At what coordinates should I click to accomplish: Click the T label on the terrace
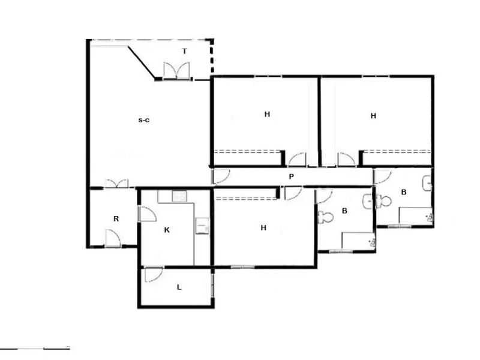[184, 52]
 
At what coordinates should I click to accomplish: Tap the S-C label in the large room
[144, 120]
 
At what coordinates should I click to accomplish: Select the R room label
[116, 218]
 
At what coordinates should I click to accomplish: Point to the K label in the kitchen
[167, 230]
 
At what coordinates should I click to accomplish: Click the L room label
[179, 287]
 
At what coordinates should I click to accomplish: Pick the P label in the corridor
[292, 176]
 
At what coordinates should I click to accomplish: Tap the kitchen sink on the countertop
[179, 196]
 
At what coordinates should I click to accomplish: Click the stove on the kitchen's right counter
[202, 226]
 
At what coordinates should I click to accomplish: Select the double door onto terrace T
[176, 71]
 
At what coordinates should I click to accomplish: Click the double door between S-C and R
[116, 184]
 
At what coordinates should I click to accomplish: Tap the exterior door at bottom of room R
[113, 238]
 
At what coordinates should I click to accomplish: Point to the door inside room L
[154, 274]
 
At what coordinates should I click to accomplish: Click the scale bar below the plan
[35, 348]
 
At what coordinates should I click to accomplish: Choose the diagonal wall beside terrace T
[142, 62]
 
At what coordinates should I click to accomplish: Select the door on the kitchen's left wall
[147, 214]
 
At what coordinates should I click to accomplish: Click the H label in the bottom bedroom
[263, 228]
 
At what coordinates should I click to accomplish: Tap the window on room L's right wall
[212, 284]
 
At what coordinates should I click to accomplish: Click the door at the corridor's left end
[221, 176]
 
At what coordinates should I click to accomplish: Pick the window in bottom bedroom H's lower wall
[242, 267]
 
